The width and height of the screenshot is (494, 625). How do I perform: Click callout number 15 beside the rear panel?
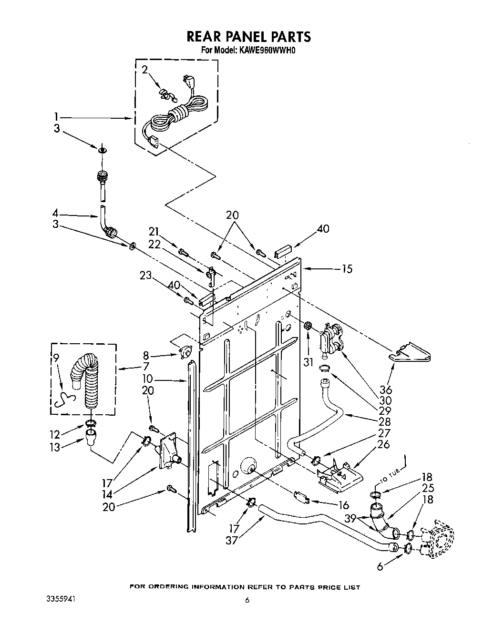click(x=347, y=269)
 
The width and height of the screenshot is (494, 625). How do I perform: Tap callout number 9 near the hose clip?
click(x=57, y=358)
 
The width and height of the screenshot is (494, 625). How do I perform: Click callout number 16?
click(x=343, y=506)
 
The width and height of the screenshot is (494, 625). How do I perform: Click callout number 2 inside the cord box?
click(x=144, y=70)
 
